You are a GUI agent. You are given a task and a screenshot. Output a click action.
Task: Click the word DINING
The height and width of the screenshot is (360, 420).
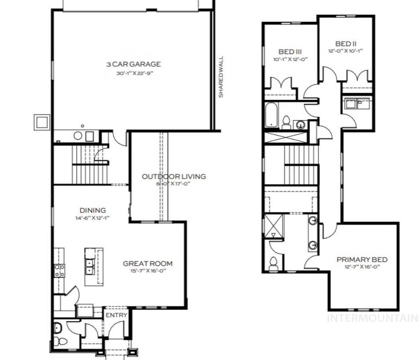pos(93,211)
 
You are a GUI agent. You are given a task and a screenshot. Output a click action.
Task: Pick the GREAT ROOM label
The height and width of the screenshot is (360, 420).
pos(148,264)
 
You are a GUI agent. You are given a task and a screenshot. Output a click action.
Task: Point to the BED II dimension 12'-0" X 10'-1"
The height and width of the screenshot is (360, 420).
pos(346,51)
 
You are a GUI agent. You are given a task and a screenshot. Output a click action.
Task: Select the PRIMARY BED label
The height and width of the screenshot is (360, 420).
pos(362,260)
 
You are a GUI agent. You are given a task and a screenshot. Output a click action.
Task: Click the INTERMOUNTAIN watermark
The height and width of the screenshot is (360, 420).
pos(372,318)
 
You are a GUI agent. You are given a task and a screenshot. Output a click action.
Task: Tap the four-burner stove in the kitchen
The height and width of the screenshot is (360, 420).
pos(59,270)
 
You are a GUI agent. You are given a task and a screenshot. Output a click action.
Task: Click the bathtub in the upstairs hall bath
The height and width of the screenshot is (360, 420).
pos(271,115)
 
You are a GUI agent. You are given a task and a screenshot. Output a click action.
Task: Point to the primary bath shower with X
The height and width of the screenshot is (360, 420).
pos(274,226)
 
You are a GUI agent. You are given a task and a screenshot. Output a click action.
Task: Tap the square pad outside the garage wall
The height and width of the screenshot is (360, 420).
pos(42,122)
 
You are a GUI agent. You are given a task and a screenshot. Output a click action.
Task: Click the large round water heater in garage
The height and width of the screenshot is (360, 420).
pos(77,135)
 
